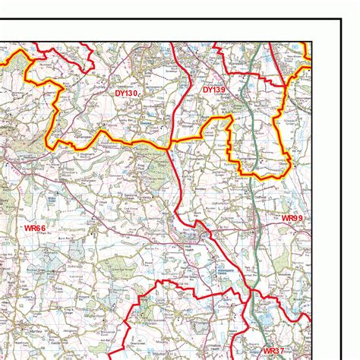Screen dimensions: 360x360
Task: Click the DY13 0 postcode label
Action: click(x=126, y=93)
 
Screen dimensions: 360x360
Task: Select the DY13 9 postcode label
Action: click(x=214, y=90)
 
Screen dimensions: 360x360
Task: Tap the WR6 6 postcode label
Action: click(x=36, y=227)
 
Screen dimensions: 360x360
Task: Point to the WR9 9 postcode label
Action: click(x=292, y=219)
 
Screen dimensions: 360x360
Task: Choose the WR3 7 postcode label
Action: click(x=273, y=350)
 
